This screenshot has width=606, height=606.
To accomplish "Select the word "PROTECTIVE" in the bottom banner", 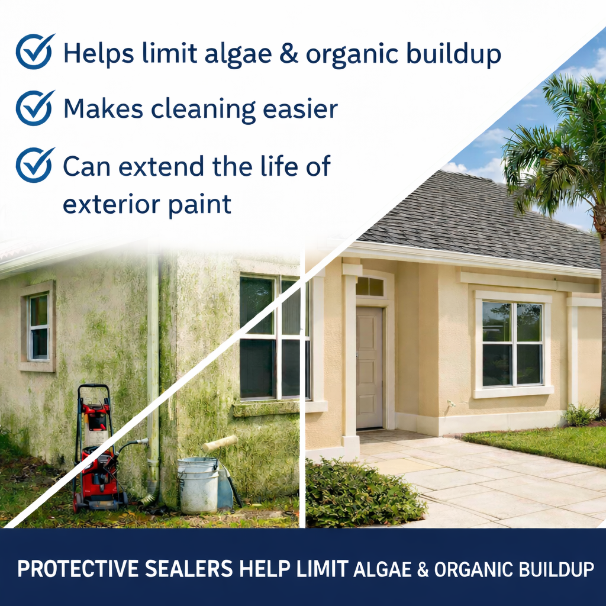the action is (78, 569).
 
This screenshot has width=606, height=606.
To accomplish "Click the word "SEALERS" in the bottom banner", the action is (189, 569).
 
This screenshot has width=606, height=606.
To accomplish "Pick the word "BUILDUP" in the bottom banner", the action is (556, 569).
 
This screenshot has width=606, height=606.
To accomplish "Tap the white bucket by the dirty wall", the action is (198, 485).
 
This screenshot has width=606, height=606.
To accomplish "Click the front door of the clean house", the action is (369, 368).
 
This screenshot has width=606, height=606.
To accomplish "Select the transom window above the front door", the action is (369, 287).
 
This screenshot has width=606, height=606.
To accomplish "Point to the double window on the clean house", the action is (512, 344).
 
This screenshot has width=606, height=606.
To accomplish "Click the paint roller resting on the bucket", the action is (220, 444).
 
